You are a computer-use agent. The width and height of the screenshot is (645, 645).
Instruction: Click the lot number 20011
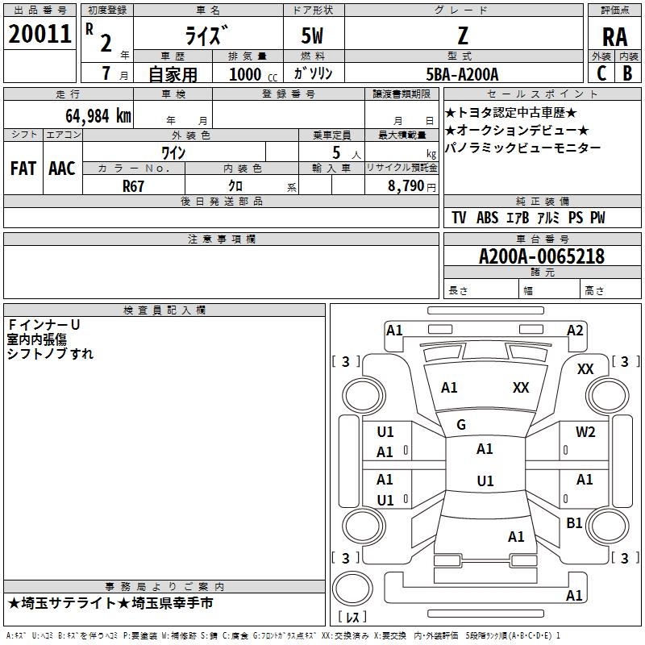pyautogui.click(x=40, y=34)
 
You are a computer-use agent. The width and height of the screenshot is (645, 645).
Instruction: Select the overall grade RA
pyautogui.click(x=614, y=37)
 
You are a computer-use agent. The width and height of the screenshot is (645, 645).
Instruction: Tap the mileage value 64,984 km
pyautogui.click(x=98, y=116)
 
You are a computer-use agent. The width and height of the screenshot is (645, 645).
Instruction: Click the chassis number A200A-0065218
pyautogui.click(x=542, y=256)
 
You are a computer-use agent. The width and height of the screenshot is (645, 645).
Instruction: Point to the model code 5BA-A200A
pyautogui.click(x=462, y=74)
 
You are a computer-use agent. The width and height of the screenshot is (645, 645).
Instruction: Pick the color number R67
pyautogui.click(x=133, y=186)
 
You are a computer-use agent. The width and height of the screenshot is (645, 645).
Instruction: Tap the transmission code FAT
pyautogui.click(x=23, y=169)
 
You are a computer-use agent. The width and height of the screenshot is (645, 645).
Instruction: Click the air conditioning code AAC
pyautogui.click(x=62, y=169)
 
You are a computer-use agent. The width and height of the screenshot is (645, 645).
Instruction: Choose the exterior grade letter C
pyautogui.click(x=601, y=73)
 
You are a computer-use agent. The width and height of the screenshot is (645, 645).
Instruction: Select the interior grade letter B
pyautogui.click(x=627, y=73)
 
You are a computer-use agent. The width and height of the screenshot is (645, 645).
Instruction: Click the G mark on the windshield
pyautogui.click(x=461, y=425)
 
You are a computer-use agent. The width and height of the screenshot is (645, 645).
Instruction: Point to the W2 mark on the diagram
pyautogui.click(x=585, y=432)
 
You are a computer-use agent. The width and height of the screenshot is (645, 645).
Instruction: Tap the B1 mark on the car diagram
pyautogui.click(x=574, y=522)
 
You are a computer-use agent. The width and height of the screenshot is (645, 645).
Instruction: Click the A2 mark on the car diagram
pyautogui.click(x=575, y=331)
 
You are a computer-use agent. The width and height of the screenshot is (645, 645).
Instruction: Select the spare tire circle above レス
pyautogui.click(x=352, y=589)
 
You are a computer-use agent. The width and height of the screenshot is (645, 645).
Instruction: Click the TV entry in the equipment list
pyautogui.click(x=459, y=218)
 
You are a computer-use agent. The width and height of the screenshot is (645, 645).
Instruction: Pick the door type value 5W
pyautogui.click(x=312, y=36)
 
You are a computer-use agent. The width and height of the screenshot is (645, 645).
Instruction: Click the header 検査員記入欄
pyautogui.click(x=164, y=310)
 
